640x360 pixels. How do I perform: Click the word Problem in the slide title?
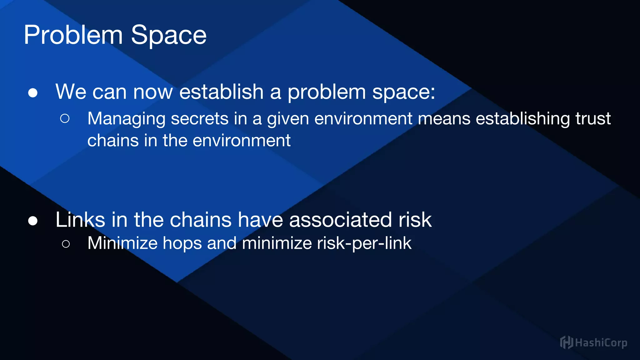click(x=73, y=35)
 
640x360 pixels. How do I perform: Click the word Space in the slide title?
click(x=169, y=35)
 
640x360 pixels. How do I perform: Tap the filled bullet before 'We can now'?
click(x=33, y=93)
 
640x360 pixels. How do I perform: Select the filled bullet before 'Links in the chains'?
click(x=33, y=221)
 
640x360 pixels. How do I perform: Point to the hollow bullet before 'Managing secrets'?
click(x=65, y=118)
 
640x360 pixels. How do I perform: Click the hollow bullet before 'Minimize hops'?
click(x=66, y=244)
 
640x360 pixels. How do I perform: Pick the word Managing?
click(x=127, y=119)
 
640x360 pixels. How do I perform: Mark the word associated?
click(x=340, y=219)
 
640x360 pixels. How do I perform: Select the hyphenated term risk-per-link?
click(x=364, y=243)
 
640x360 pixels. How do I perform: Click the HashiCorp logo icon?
click(x=566, y=342)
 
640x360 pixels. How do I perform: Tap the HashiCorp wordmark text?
click(x=601, y=343)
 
